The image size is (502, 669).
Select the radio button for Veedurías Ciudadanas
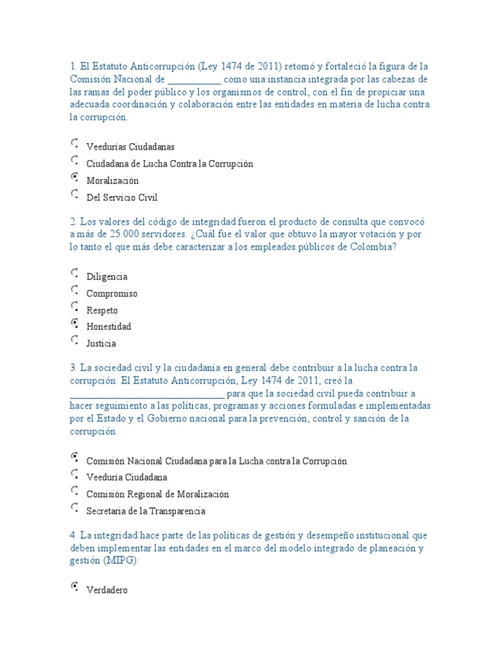point(75,143)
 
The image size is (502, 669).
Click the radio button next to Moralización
point(75,177)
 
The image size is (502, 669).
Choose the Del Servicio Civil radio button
point(75,194)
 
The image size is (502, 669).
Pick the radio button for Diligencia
point(75,273)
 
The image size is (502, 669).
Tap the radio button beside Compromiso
point(75,290)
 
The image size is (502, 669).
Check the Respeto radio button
point(75,307)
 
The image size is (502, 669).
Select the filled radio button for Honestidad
point(75,323)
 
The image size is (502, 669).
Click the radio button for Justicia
point(75,340)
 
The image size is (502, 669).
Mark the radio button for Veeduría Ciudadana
point(75,474)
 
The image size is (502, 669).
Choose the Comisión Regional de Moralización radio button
point(75,491)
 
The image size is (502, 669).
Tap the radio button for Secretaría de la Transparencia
point(75,508)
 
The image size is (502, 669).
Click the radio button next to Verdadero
point(75,587)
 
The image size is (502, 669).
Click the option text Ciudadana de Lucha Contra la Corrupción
point(169,163)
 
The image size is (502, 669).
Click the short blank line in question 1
point(195,80)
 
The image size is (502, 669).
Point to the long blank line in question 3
point(147,394)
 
